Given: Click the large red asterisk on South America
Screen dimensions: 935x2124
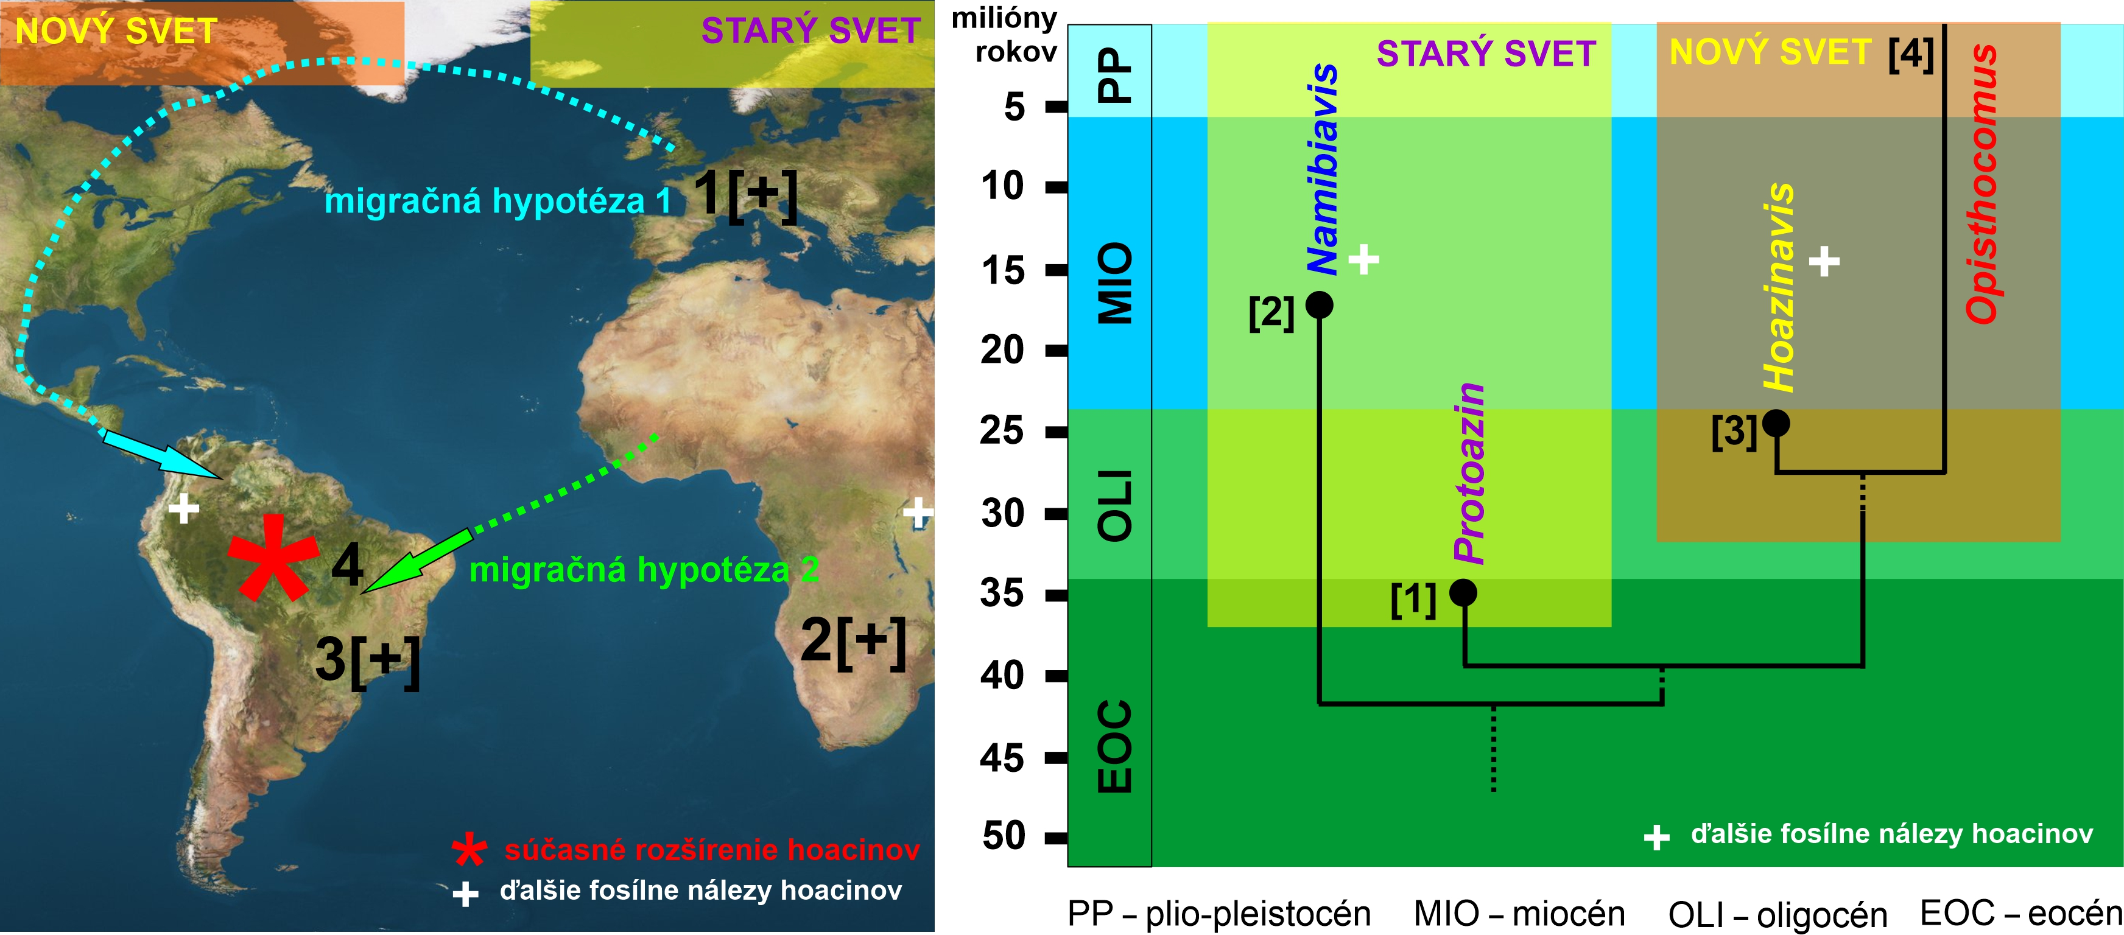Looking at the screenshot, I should (273, 559).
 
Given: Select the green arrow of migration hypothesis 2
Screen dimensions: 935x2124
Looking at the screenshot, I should (417, 561).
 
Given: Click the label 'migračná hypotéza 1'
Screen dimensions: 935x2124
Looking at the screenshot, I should (497, 201).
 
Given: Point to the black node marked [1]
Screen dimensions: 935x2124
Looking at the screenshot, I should (1463, 592).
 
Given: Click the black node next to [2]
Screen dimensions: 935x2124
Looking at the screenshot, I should (1319, 305).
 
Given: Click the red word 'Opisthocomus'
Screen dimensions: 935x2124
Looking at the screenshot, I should (1982, 183).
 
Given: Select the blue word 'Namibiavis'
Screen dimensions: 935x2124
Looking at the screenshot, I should (1323, 169).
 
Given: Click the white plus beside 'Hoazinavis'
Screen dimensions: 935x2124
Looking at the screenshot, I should (1824, 261).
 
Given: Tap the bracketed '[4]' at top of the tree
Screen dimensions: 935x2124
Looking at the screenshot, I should (1910, 54).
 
